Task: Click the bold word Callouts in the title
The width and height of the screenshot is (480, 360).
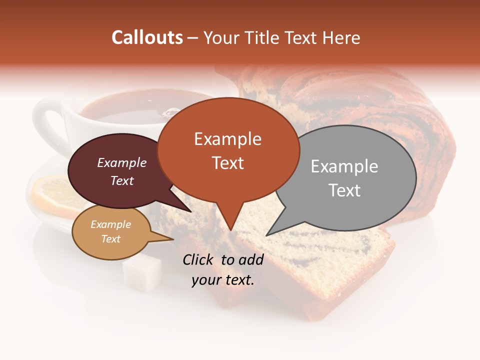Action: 147,37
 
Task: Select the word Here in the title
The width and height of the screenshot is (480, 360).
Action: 341,37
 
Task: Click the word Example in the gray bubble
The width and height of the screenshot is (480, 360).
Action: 344,166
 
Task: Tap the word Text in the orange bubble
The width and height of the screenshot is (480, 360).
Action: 228,163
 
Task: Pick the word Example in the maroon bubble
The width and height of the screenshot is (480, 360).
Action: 122,163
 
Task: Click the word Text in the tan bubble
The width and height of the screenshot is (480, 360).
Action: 111,239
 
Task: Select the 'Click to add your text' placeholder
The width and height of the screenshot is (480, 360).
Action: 223,269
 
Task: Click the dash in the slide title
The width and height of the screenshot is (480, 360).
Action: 193,38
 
